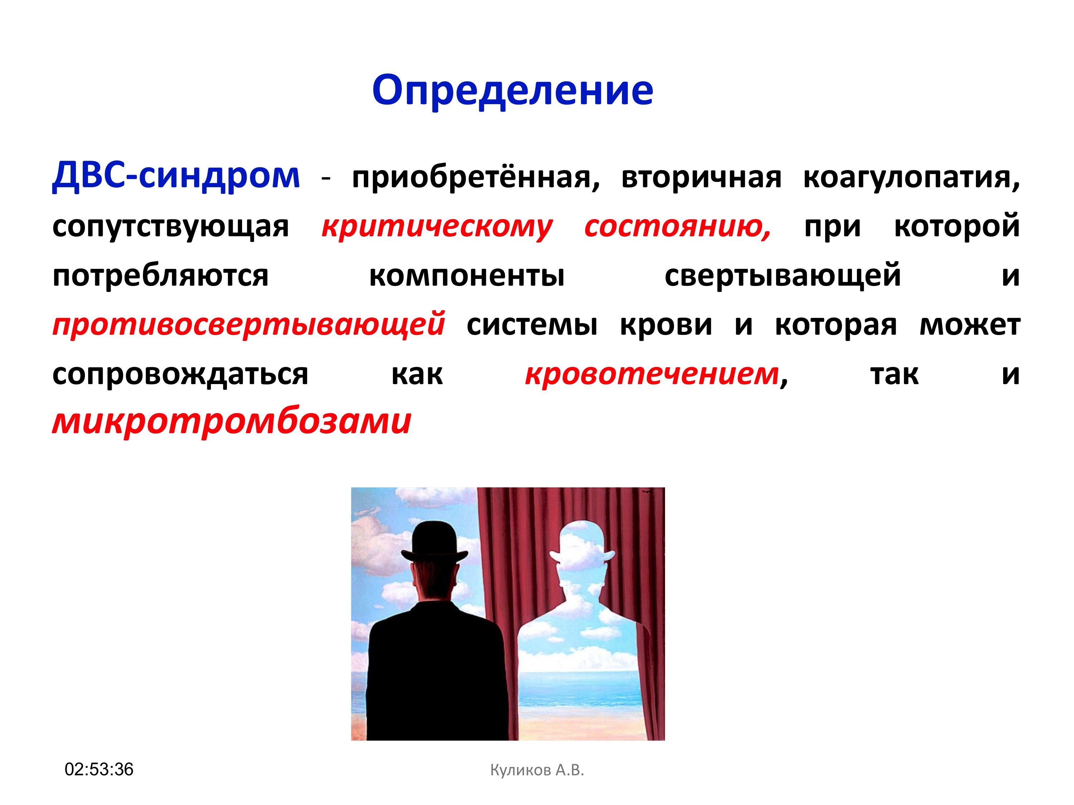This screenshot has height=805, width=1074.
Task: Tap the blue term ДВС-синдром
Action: [x=176, y=176]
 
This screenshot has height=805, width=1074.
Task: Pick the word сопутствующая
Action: [x=170, y=227]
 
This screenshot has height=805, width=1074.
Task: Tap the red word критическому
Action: [x=437, y=227]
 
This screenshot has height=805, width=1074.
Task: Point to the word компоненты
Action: [x=467, y=276]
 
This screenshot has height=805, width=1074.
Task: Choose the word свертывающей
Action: [x=783, y=276]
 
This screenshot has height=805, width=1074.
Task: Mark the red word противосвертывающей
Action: [x=249, y=325]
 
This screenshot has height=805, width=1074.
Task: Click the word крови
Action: [x=666, y=325]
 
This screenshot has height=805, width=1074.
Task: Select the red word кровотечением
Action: [x=652, y=374]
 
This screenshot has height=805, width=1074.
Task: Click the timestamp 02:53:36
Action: [x=99, y=769]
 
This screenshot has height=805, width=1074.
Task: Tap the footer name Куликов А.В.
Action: [x=537, y=770]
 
